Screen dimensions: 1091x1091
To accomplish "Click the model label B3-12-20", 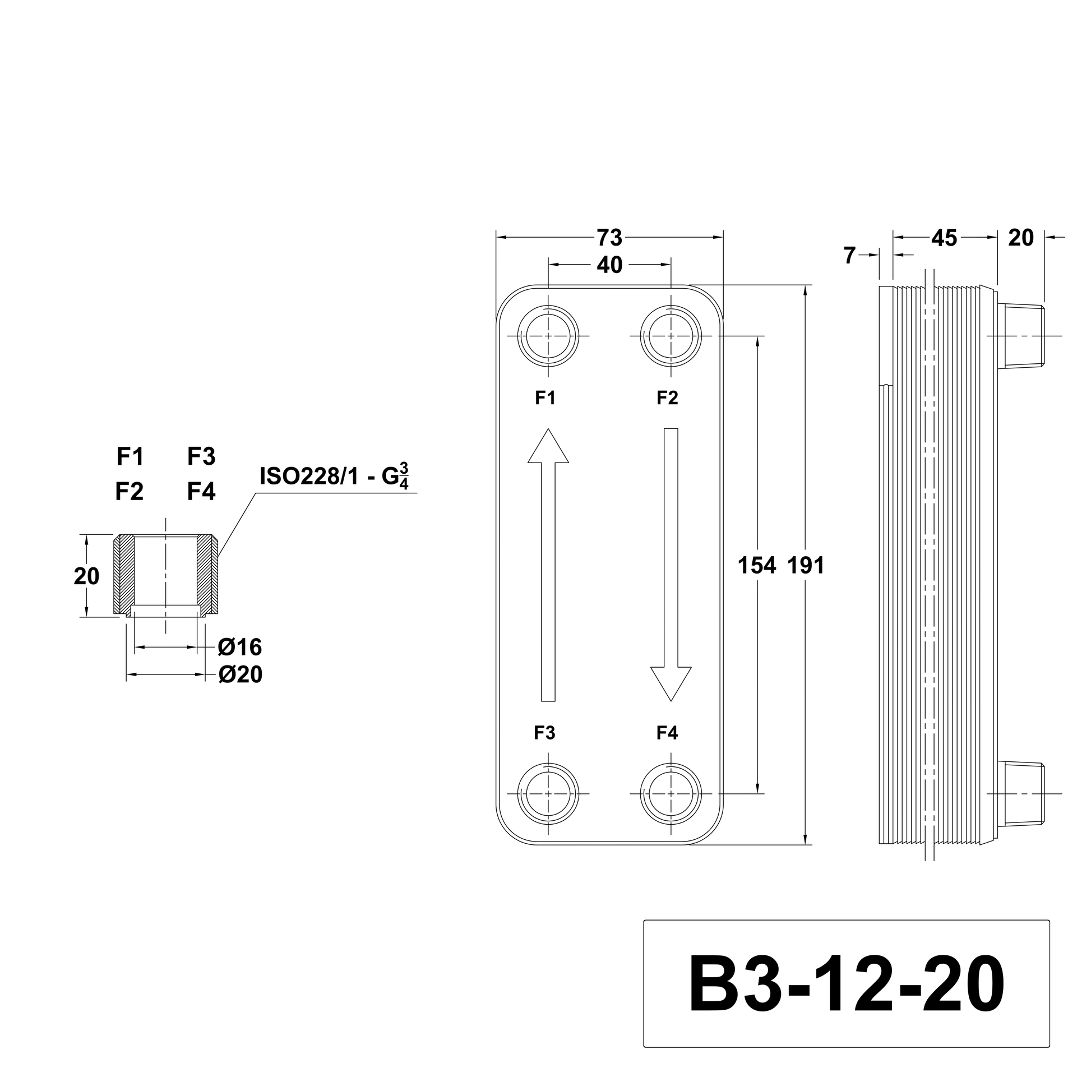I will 846,984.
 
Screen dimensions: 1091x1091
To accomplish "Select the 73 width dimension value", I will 609,238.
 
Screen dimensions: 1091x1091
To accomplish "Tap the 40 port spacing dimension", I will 609,265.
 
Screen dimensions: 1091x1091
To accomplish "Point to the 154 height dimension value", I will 757,565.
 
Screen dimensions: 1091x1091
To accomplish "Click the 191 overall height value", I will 806,565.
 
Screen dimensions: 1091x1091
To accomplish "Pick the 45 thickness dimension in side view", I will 944,238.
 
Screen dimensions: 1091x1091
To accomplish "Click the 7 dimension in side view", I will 849,256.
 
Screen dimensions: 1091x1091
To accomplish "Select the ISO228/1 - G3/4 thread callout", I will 334,476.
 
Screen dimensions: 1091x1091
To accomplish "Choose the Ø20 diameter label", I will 240,675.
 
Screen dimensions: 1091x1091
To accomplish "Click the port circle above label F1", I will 548,336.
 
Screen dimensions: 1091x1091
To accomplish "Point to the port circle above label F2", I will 671,336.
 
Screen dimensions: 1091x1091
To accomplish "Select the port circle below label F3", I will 548,794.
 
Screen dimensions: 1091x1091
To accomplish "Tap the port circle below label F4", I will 671,794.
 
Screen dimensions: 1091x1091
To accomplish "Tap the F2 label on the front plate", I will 667,398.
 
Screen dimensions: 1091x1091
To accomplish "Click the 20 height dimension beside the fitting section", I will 86,576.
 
